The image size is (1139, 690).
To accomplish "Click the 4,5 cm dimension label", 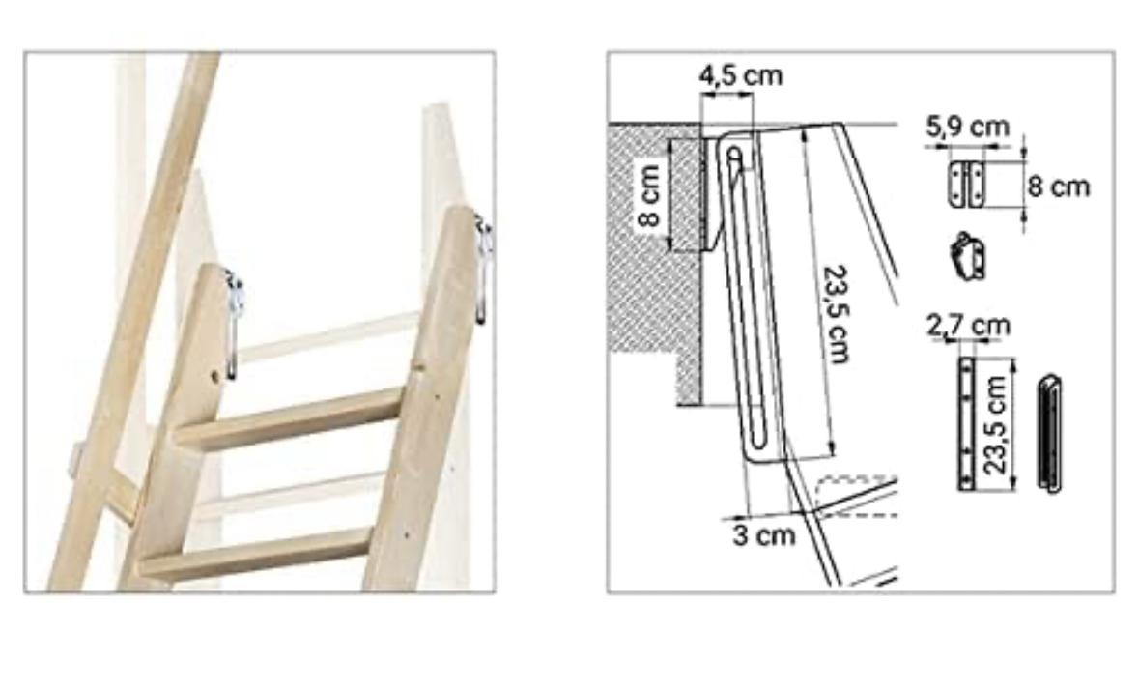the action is point(741,75).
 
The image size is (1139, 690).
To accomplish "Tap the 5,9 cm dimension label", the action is point(968,128).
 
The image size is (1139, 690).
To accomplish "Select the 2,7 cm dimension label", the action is point(968,326).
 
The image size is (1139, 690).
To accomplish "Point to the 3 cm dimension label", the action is point(764,535).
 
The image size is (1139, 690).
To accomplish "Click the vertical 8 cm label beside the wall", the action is point(648,194).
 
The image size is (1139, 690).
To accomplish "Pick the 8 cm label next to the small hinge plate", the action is point(1059,187).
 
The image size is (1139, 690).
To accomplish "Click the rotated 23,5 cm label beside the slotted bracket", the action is point(837,314).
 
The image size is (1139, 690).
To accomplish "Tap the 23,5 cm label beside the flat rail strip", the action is point(996,425).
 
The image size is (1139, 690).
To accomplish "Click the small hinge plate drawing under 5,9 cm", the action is point(967,185).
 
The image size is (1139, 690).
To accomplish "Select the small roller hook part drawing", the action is point(968,256).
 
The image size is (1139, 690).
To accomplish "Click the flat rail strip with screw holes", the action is point(966,423).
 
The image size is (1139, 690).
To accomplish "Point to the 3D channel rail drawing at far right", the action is point(1050,434).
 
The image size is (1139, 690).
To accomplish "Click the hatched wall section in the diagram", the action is point(654,262).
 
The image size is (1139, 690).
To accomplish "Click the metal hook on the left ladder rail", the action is point(233,323).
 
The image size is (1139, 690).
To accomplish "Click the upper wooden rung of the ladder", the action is point(289,419).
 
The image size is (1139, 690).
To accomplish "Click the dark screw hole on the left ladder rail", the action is point(215,376).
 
